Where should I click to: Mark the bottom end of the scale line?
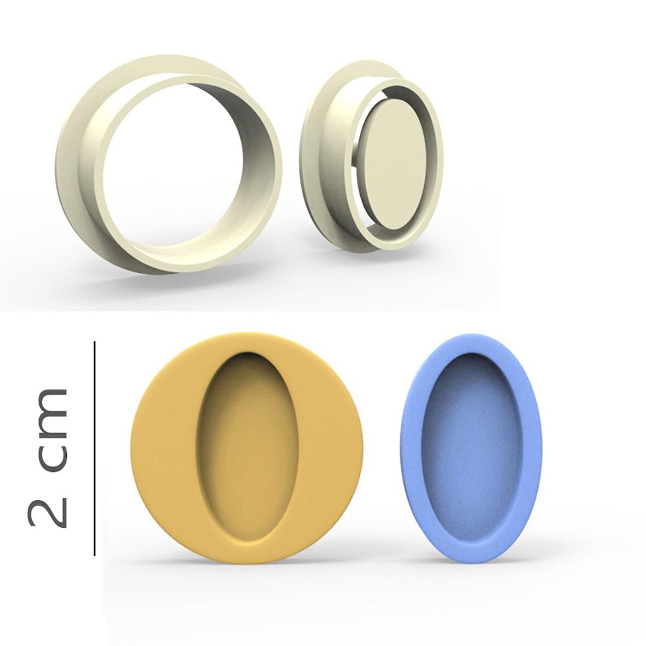point(95,555)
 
